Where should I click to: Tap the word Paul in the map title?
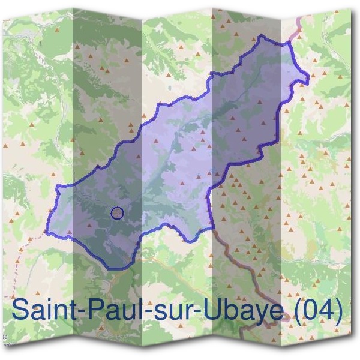108,310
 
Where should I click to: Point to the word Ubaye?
227,310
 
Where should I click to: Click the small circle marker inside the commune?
118,212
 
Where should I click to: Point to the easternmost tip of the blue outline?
310,76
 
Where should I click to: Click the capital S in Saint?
20,310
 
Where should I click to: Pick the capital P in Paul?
90,310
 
